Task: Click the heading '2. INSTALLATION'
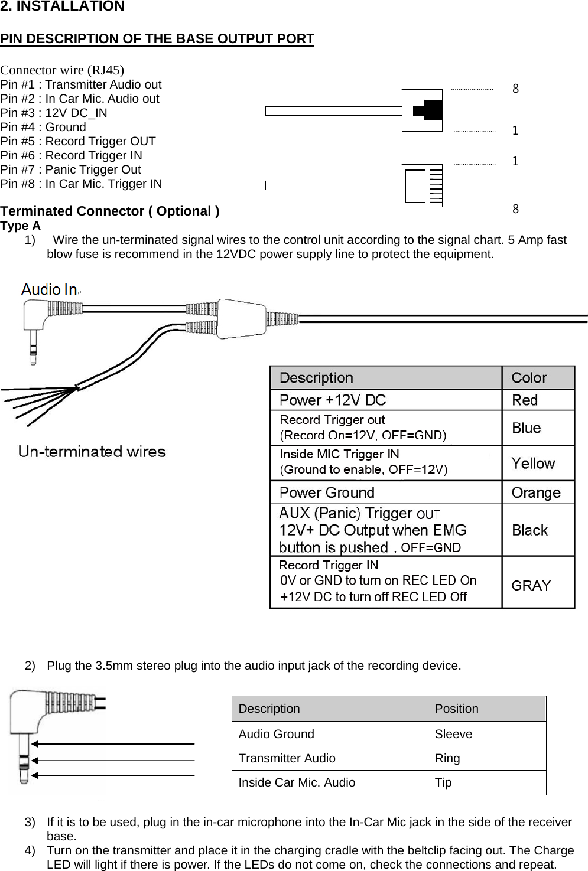(x=62, y=6)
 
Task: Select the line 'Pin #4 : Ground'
(x=43, y=127)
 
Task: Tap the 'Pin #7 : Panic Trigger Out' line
(x=70, y=169)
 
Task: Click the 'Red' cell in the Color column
(x=525, y=400)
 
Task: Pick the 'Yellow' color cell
(x=533, y=464)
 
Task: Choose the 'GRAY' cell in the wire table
(x=531, y=585)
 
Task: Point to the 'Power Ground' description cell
(x=327, y=492)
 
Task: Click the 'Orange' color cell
(x=536, y=492)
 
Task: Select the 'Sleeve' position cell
(x=453, y=734)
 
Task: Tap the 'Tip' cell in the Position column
(x=443, y=782)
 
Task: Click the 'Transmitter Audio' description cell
(x=287, y=758)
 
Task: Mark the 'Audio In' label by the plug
(x=50, y=289)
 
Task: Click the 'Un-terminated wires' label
(x=92, y=452)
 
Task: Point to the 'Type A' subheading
(x=21, y=226)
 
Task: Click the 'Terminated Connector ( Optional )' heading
(x=110, y=211)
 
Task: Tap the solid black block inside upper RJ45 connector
(x=430, y=110)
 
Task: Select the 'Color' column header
(x=529, y=378)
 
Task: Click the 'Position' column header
(x=457, y=709)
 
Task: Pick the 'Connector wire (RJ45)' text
(x=62, y=70)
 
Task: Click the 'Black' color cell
(x=530, y=530)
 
